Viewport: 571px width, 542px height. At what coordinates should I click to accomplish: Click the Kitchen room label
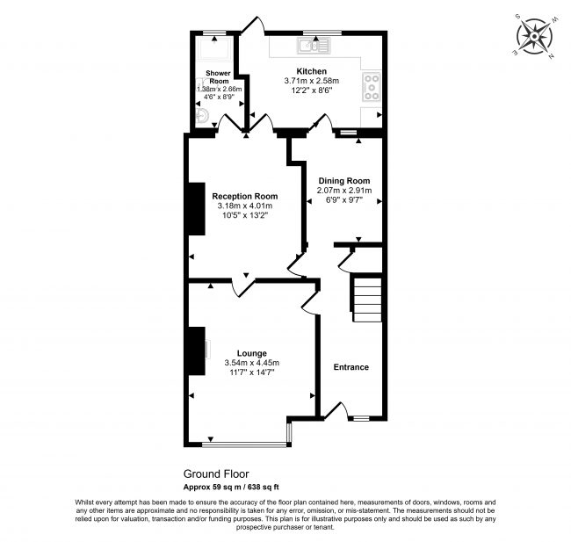tap(311, 71)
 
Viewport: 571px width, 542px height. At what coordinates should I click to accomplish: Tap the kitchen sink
tap(314, 46)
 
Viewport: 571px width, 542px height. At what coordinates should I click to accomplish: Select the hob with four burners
tap(372, 87)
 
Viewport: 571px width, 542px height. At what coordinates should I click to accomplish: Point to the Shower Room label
tap(219, 76)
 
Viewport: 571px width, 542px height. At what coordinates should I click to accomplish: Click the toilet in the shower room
tap(201, 116)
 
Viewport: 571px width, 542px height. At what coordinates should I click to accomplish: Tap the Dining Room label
tap(344, 181)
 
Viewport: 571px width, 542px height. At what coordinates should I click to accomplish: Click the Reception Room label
tap(245, 196)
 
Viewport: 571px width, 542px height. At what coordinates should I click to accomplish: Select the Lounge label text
tap(251, 353)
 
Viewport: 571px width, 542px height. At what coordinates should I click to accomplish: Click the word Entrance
tap(351, 367)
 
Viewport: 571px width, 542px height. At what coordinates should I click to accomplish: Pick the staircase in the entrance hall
tap(366, 300)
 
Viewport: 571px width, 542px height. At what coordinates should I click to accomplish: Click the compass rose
tap(534, 36)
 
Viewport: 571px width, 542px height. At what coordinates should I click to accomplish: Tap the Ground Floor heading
tap(216, 473)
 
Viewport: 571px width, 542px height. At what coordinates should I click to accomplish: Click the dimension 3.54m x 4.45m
tap(252, 363)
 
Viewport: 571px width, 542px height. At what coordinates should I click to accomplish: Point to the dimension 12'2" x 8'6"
tap(312, 90)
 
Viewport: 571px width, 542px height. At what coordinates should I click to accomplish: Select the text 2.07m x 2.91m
tap(344, 190)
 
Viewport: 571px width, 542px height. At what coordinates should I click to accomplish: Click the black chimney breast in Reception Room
tap(197, 209)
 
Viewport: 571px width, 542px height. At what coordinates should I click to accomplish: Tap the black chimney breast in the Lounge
tap(197, 350)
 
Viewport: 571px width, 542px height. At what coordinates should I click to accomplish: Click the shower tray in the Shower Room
tap(214, 48)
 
